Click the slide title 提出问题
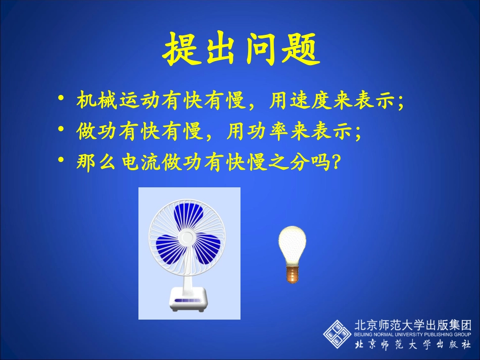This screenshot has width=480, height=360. point(241,49)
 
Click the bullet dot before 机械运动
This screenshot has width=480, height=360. point(61,97)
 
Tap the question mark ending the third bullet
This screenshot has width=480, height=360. point(333,164)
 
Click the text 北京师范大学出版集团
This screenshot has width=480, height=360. point(413,325)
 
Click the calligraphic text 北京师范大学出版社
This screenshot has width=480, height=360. point(413,346)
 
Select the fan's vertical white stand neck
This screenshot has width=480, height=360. point(188,277)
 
